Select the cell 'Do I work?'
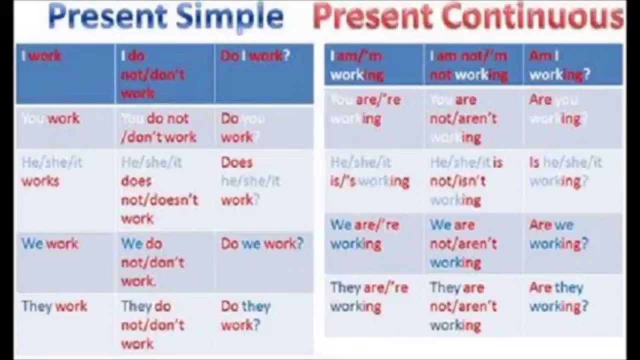(255, 56)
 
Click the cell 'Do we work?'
(262, 244)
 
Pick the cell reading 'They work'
(54, 306)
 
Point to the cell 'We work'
(50, 244)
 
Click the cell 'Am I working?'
(559, 65)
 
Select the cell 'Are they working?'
(558, 296)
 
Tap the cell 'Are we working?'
(558, 234)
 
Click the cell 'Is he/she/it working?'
(565, 171)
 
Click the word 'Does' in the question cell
(236, 162)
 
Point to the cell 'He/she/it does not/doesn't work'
(159, 190)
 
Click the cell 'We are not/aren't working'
(463, 243)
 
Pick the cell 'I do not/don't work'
(152, 74)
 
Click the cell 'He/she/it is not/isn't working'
(466, 180)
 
